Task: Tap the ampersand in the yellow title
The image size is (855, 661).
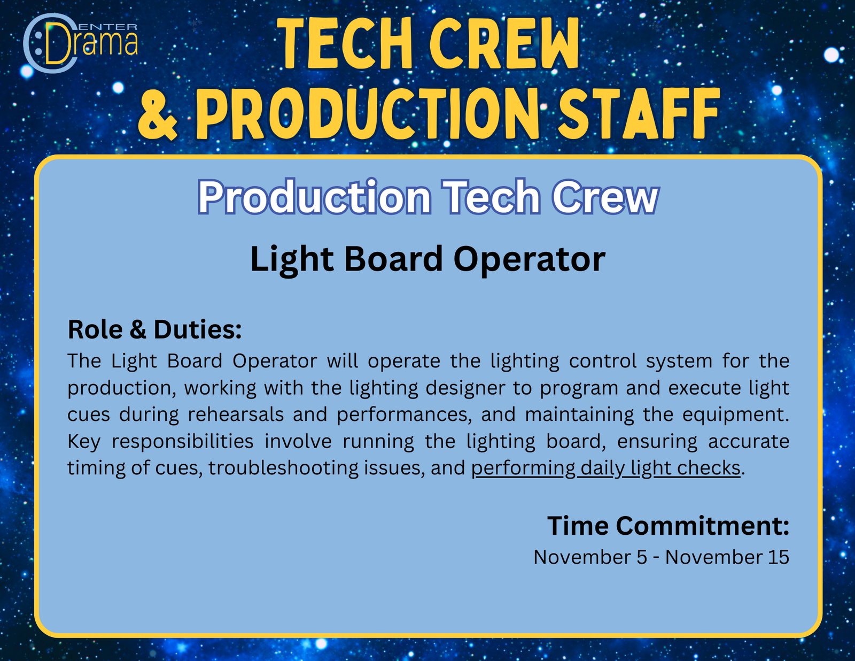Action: pyautogui.click(x=158, y=114)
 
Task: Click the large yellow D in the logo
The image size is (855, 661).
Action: pyautogui.click(x=58, y=43)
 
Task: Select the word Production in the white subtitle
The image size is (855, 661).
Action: pyautogui.click(x=314, y=197)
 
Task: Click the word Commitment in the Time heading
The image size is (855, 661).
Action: pyautogui.click(x=702, y=526)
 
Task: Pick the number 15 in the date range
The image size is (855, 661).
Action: pyautogui.click(x=779, y=557)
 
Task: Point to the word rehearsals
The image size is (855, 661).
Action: pyautogui.click(x=236, y=414)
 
